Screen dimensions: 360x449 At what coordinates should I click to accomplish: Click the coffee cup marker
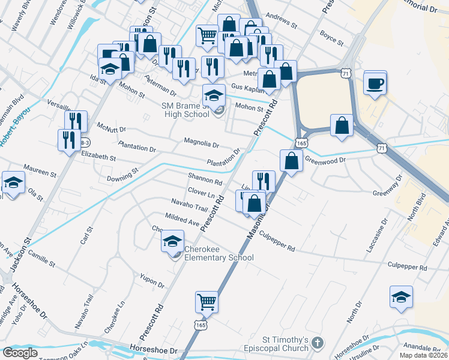(x=376, y=83)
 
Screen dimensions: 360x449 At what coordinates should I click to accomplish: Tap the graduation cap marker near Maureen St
(x=13, y=182)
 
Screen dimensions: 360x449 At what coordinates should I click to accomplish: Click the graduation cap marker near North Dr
(x=402, y=297)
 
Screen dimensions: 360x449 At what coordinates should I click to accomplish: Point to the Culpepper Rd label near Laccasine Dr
(x=408, y=265)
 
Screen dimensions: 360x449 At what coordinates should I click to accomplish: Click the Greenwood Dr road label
(x=326, y=160)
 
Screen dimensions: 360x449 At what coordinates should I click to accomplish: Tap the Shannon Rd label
(x=205, y=179)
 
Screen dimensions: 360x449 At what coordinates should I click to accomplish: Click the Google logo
(x=20, y=353)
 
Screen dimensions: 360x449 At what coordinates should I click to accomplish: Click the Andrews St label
(x=281, y=23)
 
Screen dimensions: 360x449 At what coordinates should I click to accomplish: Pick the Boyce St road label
(x=331, y=38)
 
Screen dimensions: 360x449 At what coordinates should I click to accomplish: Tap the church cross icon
(x=318, y=344)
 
